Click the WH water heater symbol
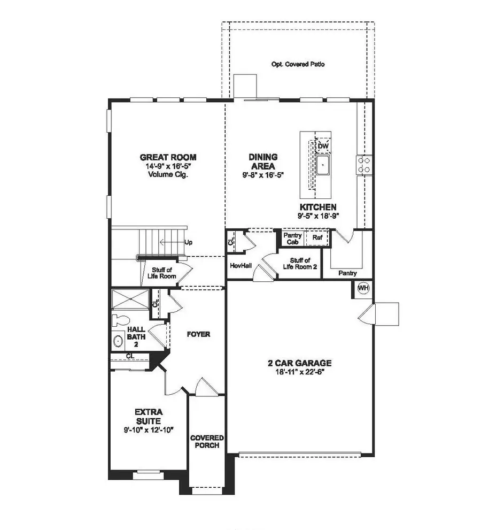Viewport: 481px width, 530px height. click(x=363, y=288)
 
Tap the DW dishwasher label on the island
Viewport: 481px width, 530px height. click(x=323, y=146)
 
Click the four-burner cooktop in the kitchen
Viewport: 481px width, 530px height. click(x=364, y=164)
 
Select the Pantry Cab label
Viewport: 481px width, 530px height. click(x=292, y=238)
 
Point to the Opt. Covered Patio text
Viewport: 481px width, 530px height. click(x=298, y=64)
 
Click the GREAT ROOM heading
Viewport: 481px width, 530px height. click(x=168, y=157)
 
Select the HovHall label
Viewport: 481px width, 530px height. click(x=241, y=265)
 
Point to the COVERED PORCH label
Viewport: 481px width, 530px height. click(x=207, y=442)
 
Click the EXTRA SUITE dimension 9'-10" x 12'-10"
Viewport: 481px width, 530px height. click(x=148, y=429)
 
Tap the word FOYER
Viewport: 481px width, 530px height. click(x=198, y=334)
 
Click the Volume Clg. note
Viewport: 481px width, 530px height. click(x=168, y=174)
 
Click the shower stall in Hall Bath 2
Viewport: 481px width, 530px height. click(x=130, y=298)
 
